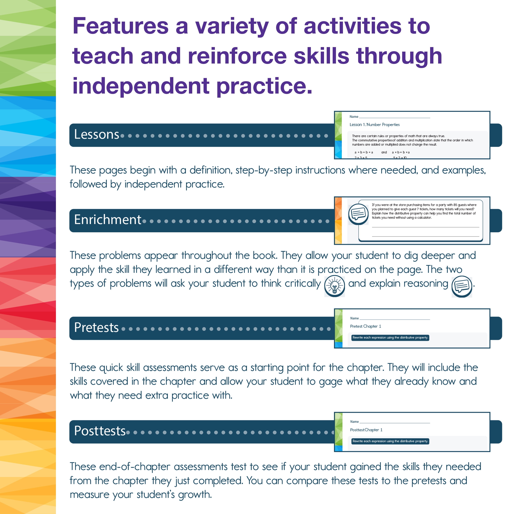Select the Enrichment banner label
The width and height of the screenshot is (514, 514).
[108, 220]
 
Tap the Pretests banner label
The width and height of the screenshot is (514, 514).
[96, 328]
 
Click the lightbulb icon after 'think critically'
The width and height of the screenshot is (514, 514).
[335, 286]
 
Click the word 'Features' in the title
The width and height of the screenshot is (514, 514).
[120, 26]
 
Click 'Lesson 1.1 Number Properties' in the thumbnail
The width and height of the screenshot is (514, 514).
[374, 125]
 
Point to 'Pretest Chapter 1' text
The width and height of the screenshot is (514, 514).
[366, 326]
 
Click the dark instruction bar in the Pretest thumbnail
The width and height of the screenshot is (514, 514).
[390, 338]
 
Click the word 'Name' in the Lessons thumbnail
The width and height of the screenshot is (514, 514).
[354, 117]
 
